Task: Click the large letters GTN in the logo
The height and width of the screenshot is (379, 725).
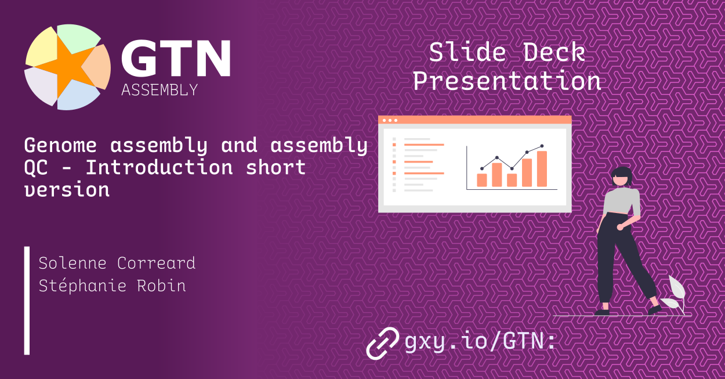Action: [x=175, y=59]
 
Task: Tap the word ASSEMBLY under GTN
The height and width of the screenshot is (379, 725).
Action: [x=159, y=90]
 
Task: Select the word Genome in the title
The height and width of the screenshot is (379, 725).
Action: [x=60, y=146]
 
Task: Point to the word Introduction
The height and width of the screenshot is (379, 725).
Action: [x=159, y=168]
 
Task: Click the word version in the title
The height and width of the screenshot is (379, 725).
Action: [x=67, y=189]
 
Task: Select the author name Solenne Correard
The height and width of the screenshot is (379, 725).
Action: [x=117, y=263]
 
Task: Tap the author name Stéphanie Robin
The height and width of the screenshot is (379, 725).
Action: [x=112, y=286]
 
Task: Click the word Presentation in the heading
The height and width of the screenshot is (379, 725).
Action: [x=506, y=81]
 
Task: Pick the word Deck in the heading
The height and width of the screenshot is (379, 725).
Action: [x=554, y=53]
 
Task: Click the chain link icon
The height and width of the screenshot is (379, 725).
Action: [x=383, y=342]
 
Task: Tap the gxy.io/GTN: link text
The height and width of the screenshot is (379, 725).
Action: [x=480, y=341]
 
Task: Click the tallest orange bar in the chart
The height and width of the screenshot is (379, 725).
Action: [x=542, y=169]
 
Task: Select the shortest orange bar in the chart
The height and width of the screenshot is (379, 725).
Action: [x=481, y=180]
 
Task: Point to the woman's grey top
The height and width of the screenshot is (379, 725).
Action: [x=621, y=201]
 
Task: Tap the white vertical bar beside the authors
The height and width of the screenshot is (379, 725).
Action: [x=27, y=300]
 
